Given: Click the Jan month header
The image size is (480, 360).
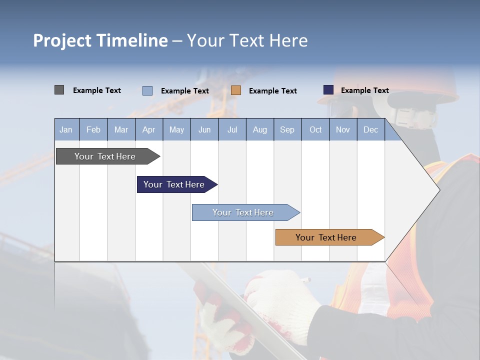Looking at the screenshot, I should (66, 129).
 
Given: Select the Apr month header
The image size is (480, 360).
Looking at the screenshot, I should (148, 129).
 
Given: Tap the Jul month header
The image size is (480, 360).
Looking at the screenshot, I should (232, 129).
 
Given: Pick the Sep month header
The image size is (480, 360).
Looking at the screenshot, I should (287, 129).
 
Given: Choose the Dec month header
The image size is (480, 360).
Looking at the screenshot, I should (370, 129).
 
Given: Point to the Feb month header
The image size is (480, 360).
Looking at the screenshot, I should (93, 129).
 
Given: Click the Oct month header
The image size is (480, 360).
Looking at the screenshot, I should (315, 129).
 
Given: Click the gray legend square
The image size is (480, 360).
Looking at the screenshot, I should (59, 90).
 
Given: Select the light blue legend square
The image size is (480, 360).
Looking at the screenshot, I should (147, 90).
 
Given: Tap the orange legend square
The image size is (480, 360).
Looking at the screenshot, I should (236, 90).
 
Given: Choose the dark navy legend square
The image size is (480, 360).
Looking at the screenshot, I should (328, 90).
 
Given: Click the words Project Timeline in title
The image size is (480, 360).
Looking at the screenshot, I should (100, 40).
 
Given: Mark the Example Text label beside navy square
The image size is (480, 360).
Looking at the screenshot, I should (364, 90).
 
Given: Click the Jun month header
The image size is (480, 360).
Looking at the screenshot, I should (204, 129).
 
